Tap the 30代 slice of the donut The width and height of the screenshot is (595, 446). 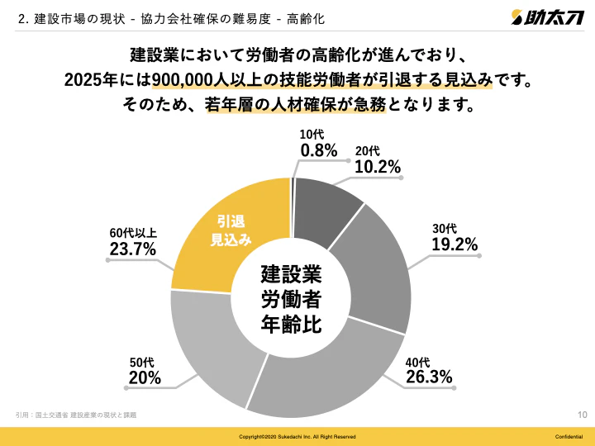(x=380, y=268)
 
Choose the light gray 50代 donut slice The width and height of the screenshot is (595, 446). (x=207, y=347)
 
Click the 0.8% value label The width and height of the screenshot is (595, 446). (x=318, y=149)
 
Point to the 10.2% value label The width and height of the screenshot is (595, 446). (x=378, y=167)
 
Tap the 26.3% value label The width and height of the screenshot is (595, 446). (x=429, y=377)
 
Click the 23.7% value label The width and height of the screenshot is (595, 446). (x=133, y=248)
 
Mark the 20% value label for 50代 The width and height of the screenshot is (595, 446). (x=145, y=378)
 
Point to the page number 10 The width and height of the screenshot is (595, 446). (x=582, y=415)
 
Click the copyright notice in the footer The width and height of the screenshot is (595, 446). (x=297, y=436)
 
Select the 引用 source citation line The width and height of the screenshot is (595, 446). (x=76, y=414)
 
